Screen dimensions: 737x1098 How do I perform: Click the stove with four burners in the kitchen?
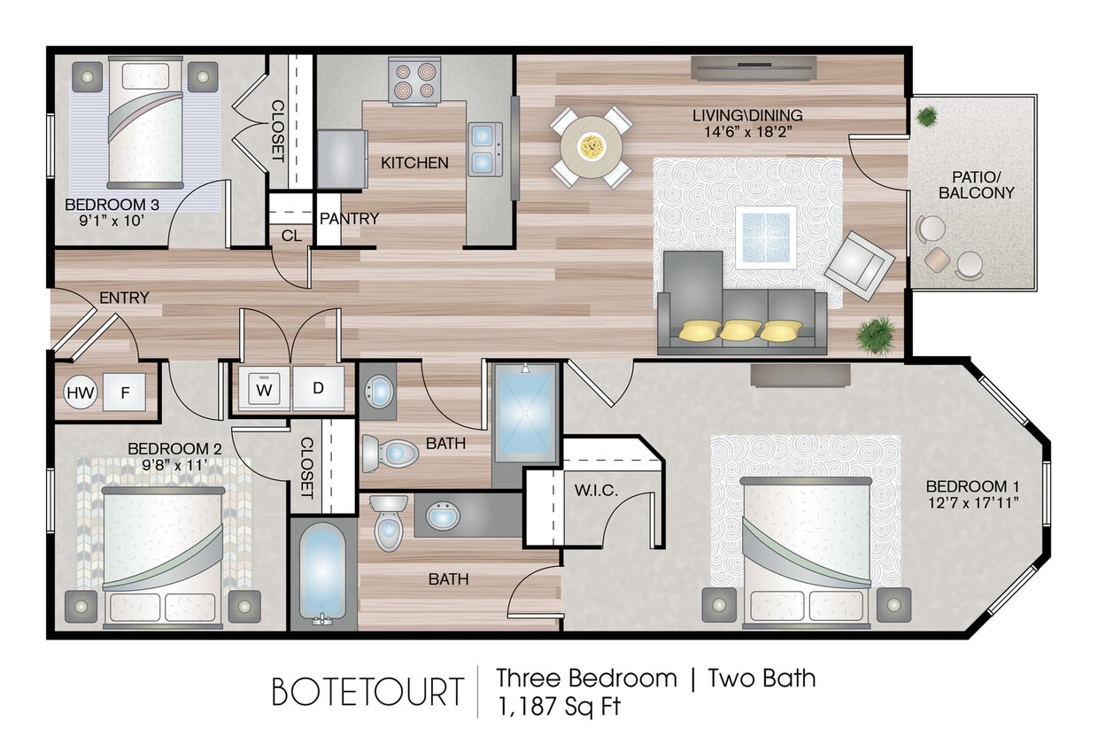coord(415,81)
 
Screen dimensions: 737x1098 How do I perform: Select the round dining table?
coord(592,146)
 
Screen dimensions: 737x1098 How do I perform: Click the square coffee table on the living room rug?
coord(765,236)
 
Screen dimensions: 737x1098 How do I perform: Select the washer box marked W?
coord(264,389)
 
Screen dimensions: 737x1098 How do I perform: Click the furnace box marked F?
coord(124,391)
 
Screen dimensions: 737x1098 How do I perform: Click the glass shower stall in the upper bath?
coord(525,414)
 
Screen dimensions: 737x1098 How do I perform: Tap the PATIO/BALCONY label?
coord(976,184)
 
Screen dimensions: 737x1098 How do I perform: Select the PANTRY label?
coord(349,218)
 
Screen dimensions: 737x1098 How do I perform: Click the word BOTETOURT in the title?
coord(367,692)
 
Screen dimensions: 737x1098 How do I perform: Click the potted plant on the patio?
coord(927,116)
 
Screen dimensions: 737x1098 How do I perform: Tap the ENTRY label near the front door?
coord(124,298)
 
